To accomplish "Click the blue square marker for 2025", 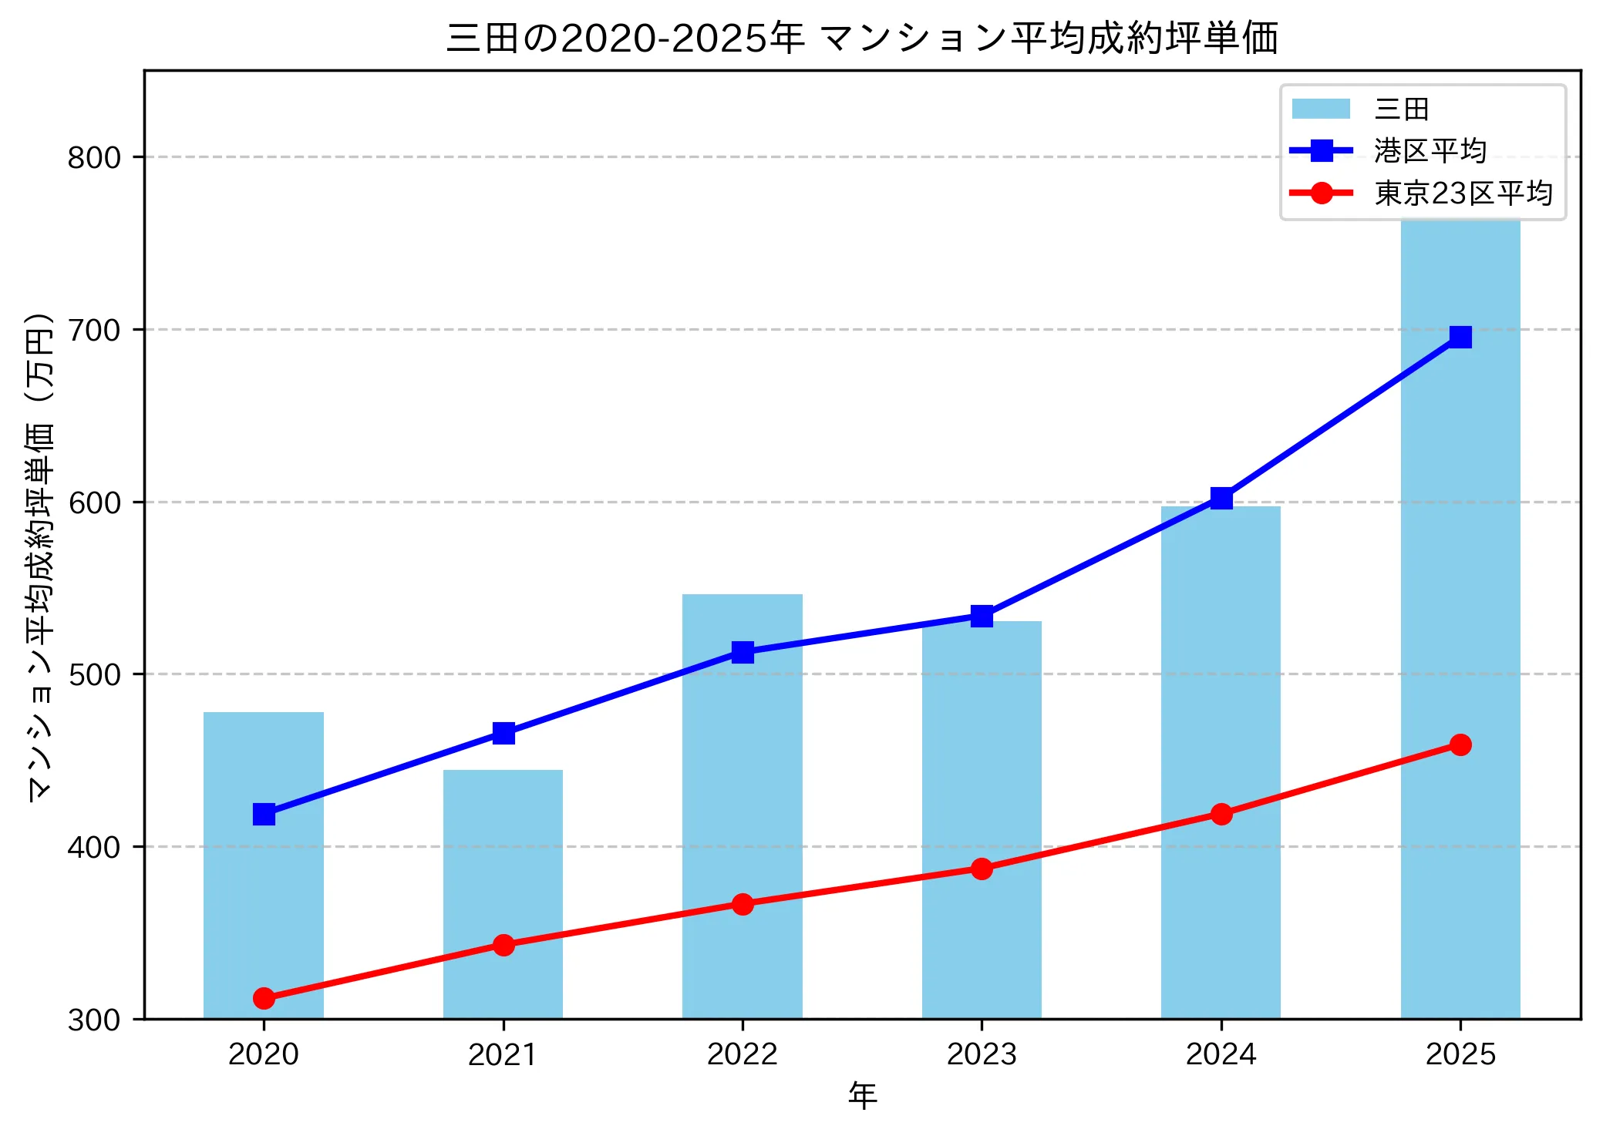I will pyautogui.click(x=1460, y=337).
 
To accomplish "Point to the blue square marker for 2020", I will pyautogui.click(x=264, y=814).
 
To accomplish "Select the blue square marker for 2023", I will pyautogui.click(x=982, y=616).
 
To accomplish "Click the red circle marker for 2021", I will pyautogui.click(x=503, y=945).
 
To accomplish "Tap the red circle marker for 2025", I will pyautogui.click(x=1460, y=744).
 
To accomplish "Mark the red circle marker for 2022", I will pyautogui.click(x=743, y=904).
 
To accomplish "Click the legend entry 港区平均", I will pyautogui.click(x=1430, y=151).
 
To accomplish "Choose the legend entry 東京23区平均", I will pyautogui.click(x=1463, y=193).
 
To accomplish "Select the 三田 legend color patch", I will pyautogui.click(x=1321, y=109).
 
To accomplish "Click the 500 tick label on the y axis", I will pyautogui.click(x=94, y=674).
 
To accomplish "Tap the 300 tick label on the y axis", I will pyautogui.click(x=94, y=1020).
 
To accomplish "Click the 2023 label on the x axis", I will pyautogui.click(x=982, y=1054).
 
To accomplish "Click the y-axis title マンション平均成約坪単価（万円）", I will pyautogui.click(x=39, y=556).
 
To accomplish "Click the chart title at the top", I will pyautogui.click(x=862, y=38).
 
